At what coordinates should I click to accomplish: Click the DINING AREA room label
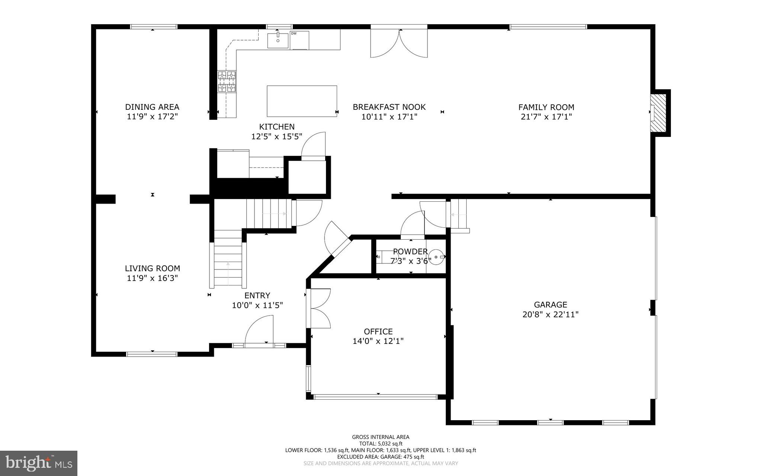pyautogui.click(x=152, y=107)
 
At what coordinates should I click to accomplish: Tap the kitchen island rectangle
pyautogui.click(x=302, y=101)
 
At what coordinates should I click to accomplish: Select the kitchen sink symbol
pyautogui.click(x=278, y=40)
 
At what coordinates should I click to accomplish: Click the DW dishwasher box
pyautogui.click(x=300, y=40)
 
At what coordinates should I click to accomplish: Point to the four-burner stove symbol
pyautogui.click(x=227, y=82)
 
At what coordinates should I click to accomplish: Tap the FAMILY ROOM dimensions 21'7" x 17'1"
pyautogui.click(x=546, y=117)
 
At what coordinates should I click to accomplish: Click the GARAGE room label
pyautogui.click(x=550, y=305)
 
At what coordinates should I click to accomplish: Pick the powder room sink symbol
pyautogui.click(x=436, y=257)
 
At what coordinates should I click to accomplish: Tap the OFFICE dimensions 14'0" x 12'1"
pyautogui.click(x=378, y=341)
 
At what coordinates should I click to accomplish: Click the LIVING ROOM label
pyautogui.click(x=152, y=268)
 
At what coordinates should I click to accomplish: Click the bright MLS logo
pyautogui.click(x=39, y=463)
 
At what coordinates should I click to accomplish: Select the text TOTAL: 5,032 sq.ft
pyautogui.click(x=381, y=444)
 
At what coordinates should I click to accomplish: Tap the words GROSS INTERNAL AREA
pyautogui.click(x=381, y=437)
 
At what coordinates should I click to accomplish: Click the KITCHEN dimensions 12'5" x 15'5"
pyautogui.click(x=276, y=137)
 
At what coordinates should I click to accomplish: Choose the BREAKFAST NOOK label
pyautogui.click(x=389, y=107)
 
